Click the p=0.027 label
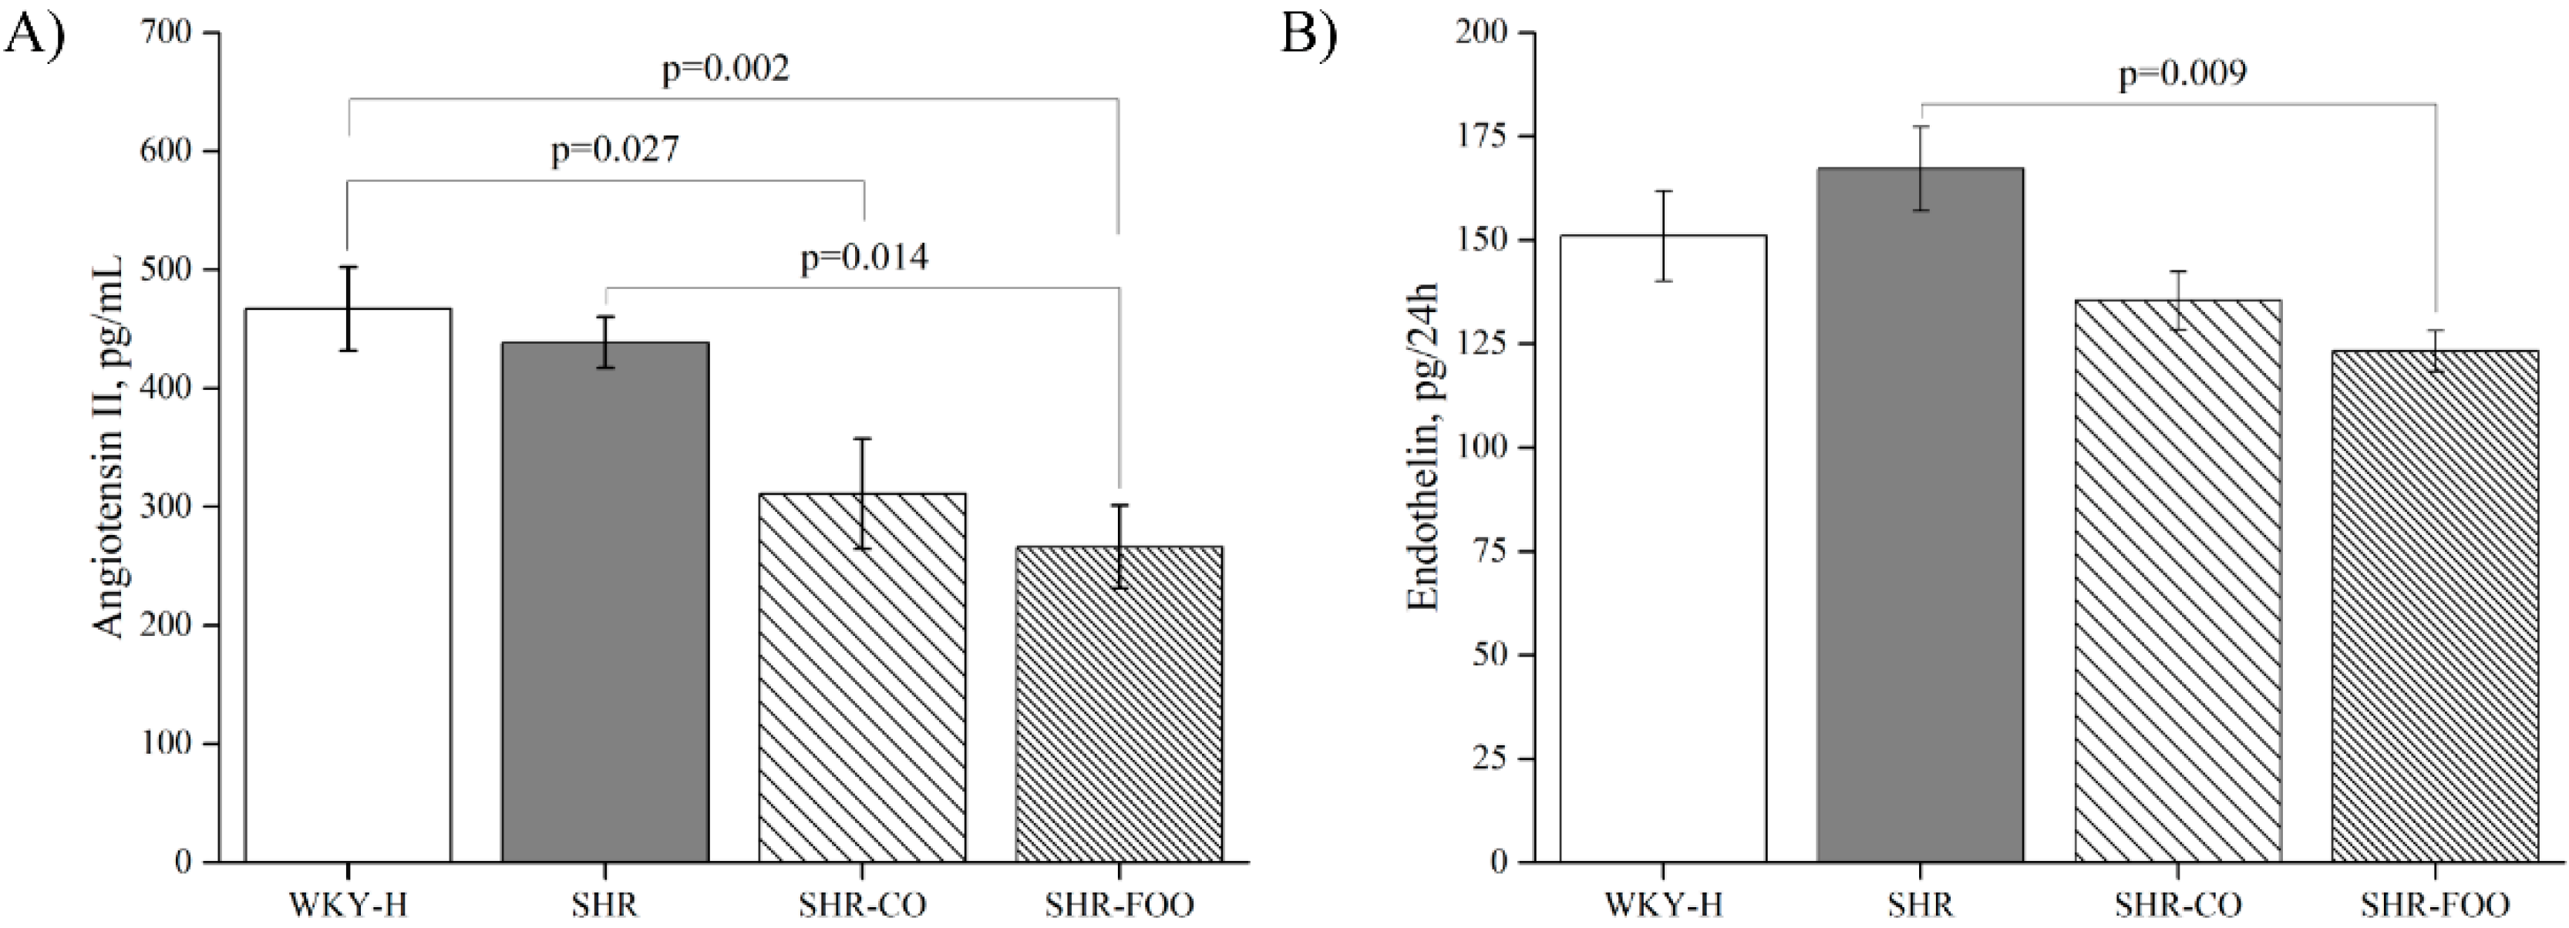tap(615, 150)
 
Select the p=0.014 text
tap(864, 258)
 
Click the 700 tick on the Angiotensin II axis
tap(174, 33)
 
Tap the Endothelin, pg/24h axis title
tap(1424, 446)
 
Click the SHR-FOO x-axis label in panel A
tap(1119, 905)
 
